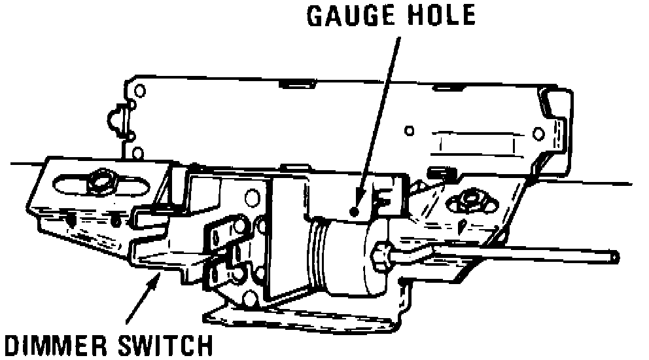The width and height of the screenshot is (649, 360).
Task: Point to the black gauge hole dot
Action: pyautogui.click(x=353, y=211)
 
